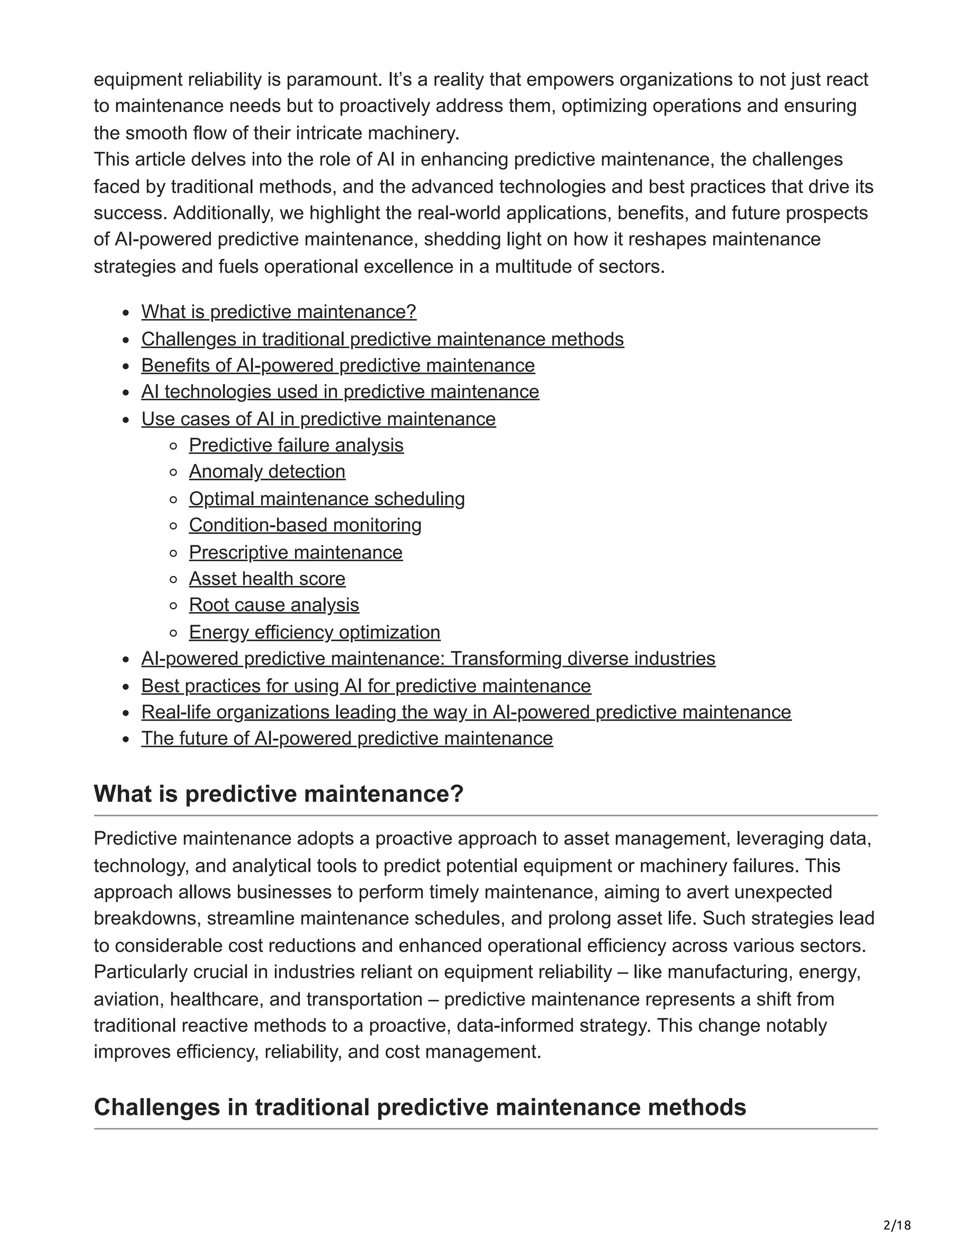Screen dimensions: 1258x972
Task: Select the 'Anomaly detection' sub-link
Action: point(267,471)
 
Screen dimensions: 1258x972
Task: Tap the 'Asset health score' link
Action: point(267,578)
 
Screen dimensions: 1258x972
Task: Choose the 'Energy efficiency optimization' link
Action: point(314,632)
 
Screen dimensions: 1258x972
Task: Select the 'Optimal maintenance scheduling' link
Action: point(327,498)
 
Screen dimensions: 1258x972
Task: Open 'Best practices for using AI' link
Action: point(365,685)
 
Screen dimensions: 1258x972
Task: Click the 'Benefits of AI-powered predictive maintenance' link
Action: point(338,365)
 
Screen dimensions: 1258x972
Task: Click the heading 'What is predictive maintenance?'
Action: point(278,794)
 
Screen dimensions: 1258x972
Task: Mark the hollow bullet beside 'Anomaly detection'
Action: point(173,472)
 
